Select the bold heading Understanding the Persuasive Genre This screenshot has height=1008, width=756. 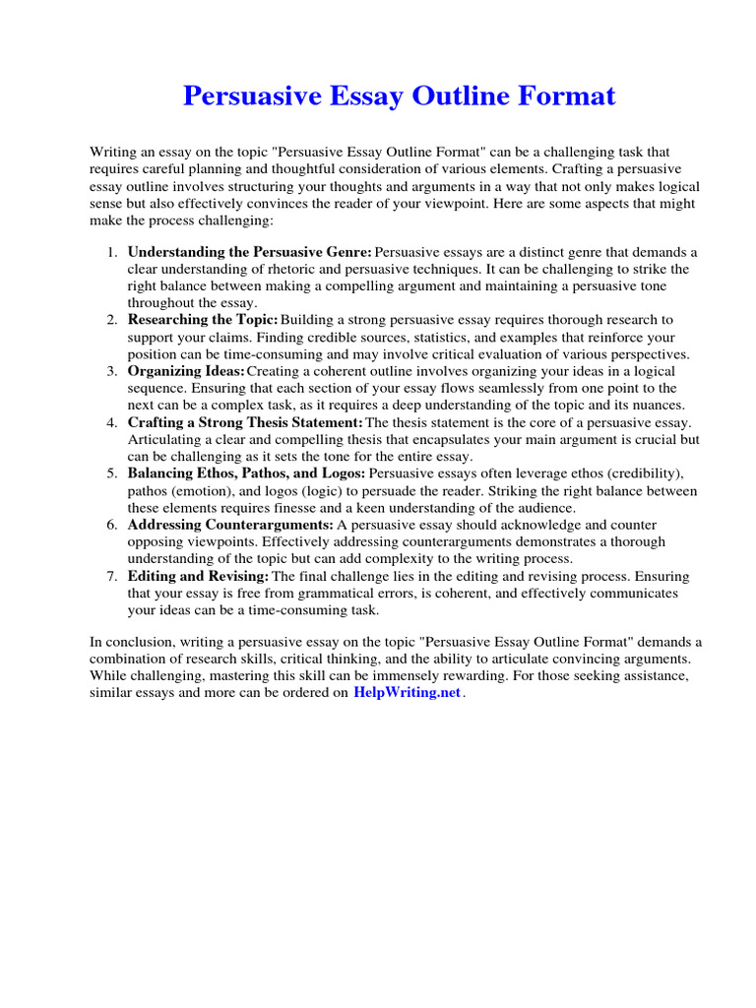coord(250,252)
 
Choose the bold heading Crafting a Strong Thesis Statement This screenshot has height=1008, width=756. coord(245,422)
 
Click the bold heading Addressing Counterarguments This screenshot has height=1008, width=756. coord(230,525)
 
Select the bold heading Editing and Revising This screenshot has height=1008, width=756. coord(198,576)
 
